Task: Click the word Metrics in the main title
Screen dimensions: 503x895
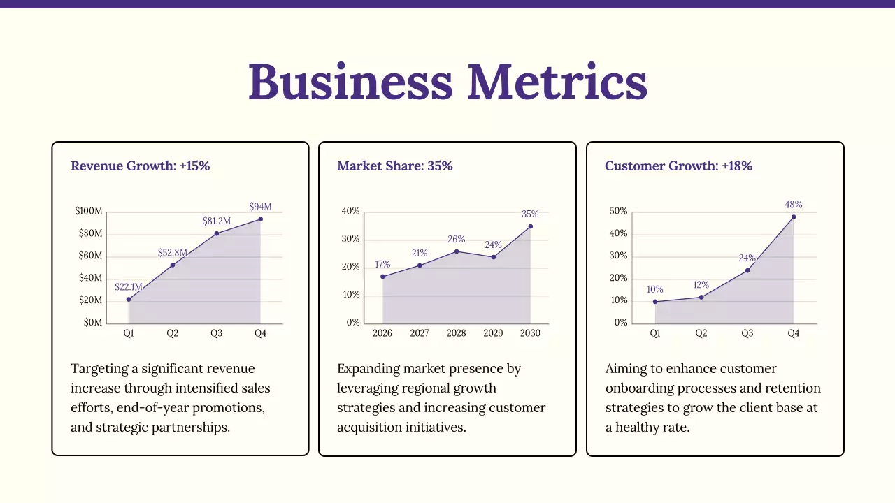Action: [x=557, y=82]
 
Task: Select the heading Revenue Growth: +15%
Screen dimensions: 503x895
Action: [x=140, y=166]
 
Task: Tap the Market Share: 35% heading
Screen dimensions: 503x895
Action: [x=394, y=166]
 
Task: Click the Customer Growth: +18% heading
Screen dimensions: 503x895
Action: [x=678, y=166]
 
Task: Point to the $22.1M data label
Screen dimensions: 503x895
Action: [x=128, y=287]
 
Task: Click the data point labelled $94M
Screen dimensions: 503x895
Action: [x=260, y=219]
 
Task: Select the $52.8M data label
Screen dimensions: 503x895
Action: [x=172, y=252]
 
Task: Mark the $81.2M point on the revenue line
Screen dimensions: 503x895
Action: [x=217, y=233]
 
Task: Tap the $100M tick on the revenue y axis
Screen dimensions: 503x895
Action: [x=89, y=211]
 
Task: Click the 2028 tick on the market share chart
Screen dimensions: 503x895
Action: [x=456, y=333]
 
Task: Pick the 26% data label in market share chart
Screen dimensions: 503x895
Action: [x=456, y=240]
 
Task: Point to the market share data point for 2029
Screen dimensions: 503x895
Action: [x=493, y=257]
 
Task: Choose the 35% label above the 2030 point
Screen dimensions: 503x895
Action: [x=530, y=214]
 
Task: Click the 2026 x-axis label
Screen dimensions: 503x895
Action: [x=382, y=333]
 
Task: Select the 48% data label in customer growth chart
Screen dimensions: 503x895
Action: [x=794, y=205]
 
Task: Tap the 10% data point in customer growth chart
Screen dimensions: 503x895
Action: [x=655, y=302]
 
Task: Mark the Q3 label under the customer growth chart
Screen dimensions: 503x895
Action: [x=747, y=333]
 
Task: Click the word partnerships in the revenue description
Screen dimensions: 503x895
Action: [x=189, y=427]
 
